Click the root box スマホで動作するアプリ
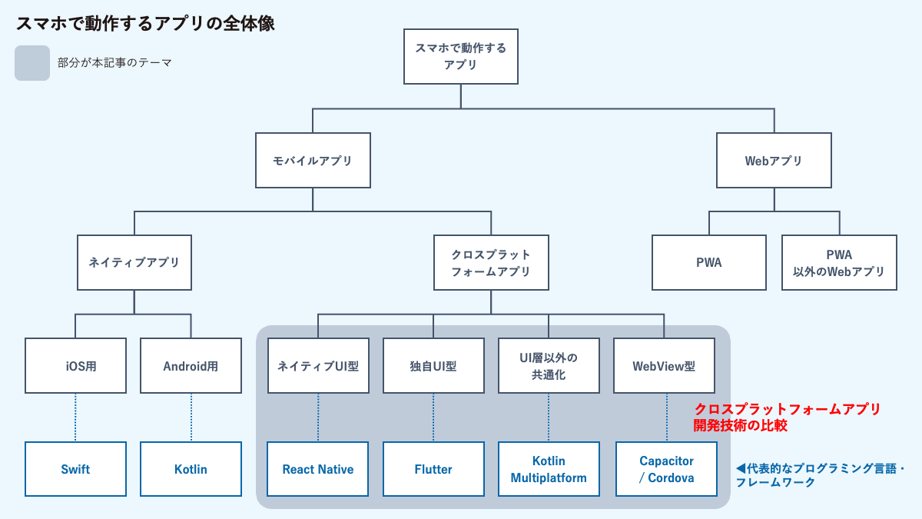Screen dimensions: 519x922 pyautogui.click(x=460, y=57)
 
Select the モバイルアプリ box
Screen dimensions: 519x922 pyautogui.click(x=313, y=161)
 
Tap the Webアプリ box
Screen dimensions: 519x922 pyautogui.click(x=774, y=161)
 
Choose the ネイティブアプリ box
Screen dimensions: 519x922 pyautogui.click(x=134, y=262)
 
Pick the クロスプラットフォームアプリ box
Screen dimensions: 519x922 pyautogui.click(x=491, y=262)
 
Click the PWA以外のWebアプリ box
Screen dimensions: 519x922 pyautogui.click(x=839, y=262)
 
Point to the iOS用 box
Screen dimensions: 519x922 pyautogui.click(x=75, y=366)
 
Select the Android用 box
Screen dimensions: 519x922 pyautogui.click(x=191, y=366)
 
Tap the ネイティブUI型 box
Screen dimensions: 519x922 pyautogui.click(x=318, y=366)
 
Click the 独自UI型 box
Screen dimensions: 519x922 pyautogui.click(x=433, y=366)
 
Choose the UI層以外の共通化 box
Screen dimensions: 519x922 pyautogui.click(x=549, y=366)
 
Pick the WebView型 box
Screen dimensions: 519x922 pyautogui.click(x=664, y=366)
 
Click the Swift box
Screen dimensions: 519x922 pyautogui.click(x=75, y=469)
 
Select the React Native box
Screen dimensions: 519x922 pyautogui.click(x=318, y=469)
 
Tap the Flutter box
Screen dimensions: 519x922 pyautogui.click(x=433, y=469)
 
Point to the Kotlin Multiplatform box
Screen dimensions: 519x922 pyautogui.click(x=549, y=469)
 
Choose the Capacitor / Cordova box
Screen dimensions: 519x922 pyautogui.click(x=666, y=469)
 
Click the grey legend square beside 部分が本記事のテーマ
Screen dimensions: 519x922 pyautogui.click(x=32, y=63)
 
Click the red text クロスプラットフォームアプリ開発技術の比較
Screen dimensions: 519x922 pyautogui.click(x=786, y=417)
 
